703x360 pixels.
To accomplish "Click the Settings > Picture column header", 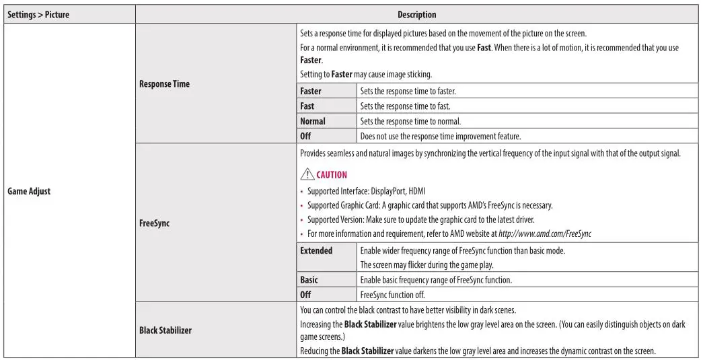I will (x=38, y=14).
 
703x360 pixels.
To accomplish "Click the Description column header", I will (x=416, y=14).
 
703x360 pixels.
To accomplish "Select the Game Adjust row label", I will (x=29, y=191).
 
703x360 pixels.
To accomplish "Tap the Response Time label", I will (x=164, y=84).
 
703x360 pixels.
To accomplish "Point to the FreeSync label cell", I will (x=154, y=223).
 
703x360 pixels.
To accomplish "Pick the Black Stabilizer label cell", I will (x=165, y=330).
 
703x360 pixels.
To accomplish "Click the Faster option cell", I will (x=311, y=91).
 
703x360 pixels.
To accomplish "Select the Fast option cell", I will (x=307, y=106).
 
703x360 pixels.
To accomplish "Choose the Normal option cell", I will (x=312, y=121).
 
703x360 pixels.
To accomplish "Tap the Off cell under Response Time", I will (x=305, y=136).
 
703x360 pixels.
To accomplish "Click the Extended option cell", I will (x=316, y=250).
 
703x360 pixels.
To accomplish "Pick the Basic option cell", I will (x=309, y=279).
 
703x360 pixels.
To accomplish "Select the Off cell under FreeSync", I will (x=305, y=294).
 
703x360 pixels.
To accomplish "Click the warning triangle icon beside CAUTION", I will (x=307, y=174).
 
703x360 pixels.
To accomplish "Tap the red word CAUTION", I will (x=332, y=175).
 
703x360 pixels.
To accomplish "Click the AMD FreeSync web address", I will (x=545, y=233).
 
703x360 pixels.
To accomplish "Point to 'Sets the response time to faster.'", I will (x=408, y=91).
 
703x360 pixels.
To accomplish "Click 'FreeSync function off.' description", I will (x=392, y=294).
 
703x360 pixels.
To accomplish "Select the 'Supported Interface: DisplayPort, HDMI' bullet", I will (x=371, y=191).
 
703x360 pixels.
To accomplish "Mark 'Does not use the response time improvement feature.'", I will (x=440, y=136).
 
